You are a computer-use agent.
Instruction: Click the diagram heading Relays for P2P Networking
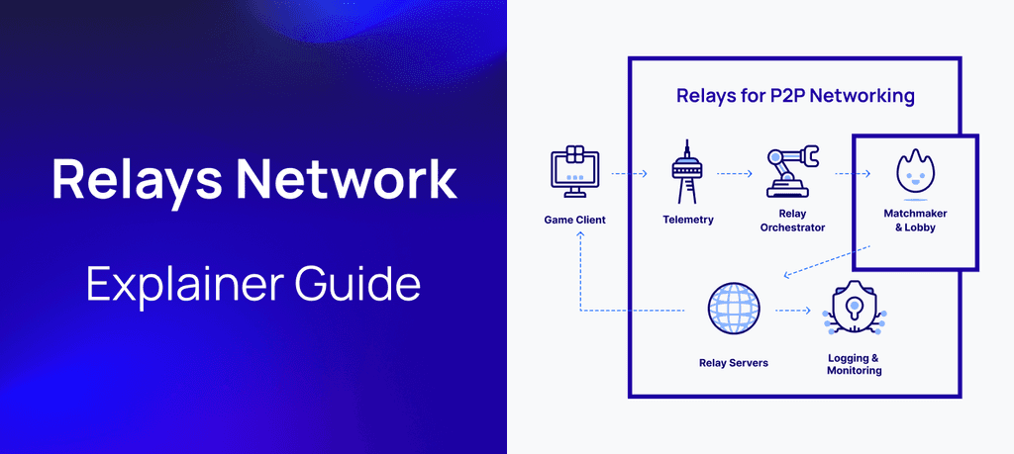point(794,96)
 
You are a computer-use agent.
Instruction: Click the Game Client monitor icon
point(574,170)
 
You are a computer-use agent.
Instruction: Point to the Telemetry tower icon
point(687,171)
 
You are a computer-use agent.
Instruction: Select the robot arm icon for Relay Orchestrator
point(791,170)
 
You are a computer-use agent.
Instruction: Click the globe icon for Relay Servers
point(733,310)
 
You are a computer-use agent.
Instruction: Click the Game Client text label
point(574,220)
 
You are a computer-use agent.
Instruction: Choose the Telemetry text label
point(687,220)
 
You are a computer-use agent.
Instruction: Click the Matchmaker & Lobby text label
point(909,220)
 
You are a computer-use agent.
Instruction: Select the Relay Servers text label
point(733,363)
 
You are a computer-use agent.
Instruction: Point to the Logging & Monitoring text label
point(854,364)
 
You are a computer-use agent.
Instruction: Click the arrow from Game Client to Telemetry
point(628,173)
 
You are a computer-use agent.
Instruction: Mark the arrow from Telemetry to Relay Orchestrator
point(735,173)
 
